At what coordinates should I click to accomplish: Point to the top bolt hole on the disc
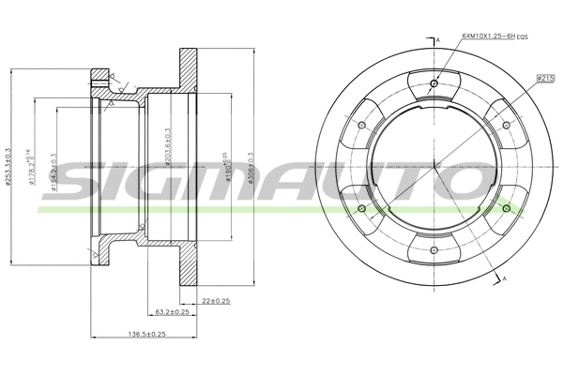point(434,84)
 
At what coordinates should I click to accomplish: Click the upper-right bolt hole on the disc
point(506,125)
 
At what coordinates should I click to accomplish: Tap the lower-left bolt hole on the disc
point(362,207)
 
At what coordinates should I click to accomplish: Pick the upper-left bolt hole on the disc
point(362,125)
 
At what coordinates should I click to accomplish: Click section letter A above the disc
point(438,40)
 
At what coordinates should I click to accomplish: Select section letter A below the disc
point(505,280)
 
